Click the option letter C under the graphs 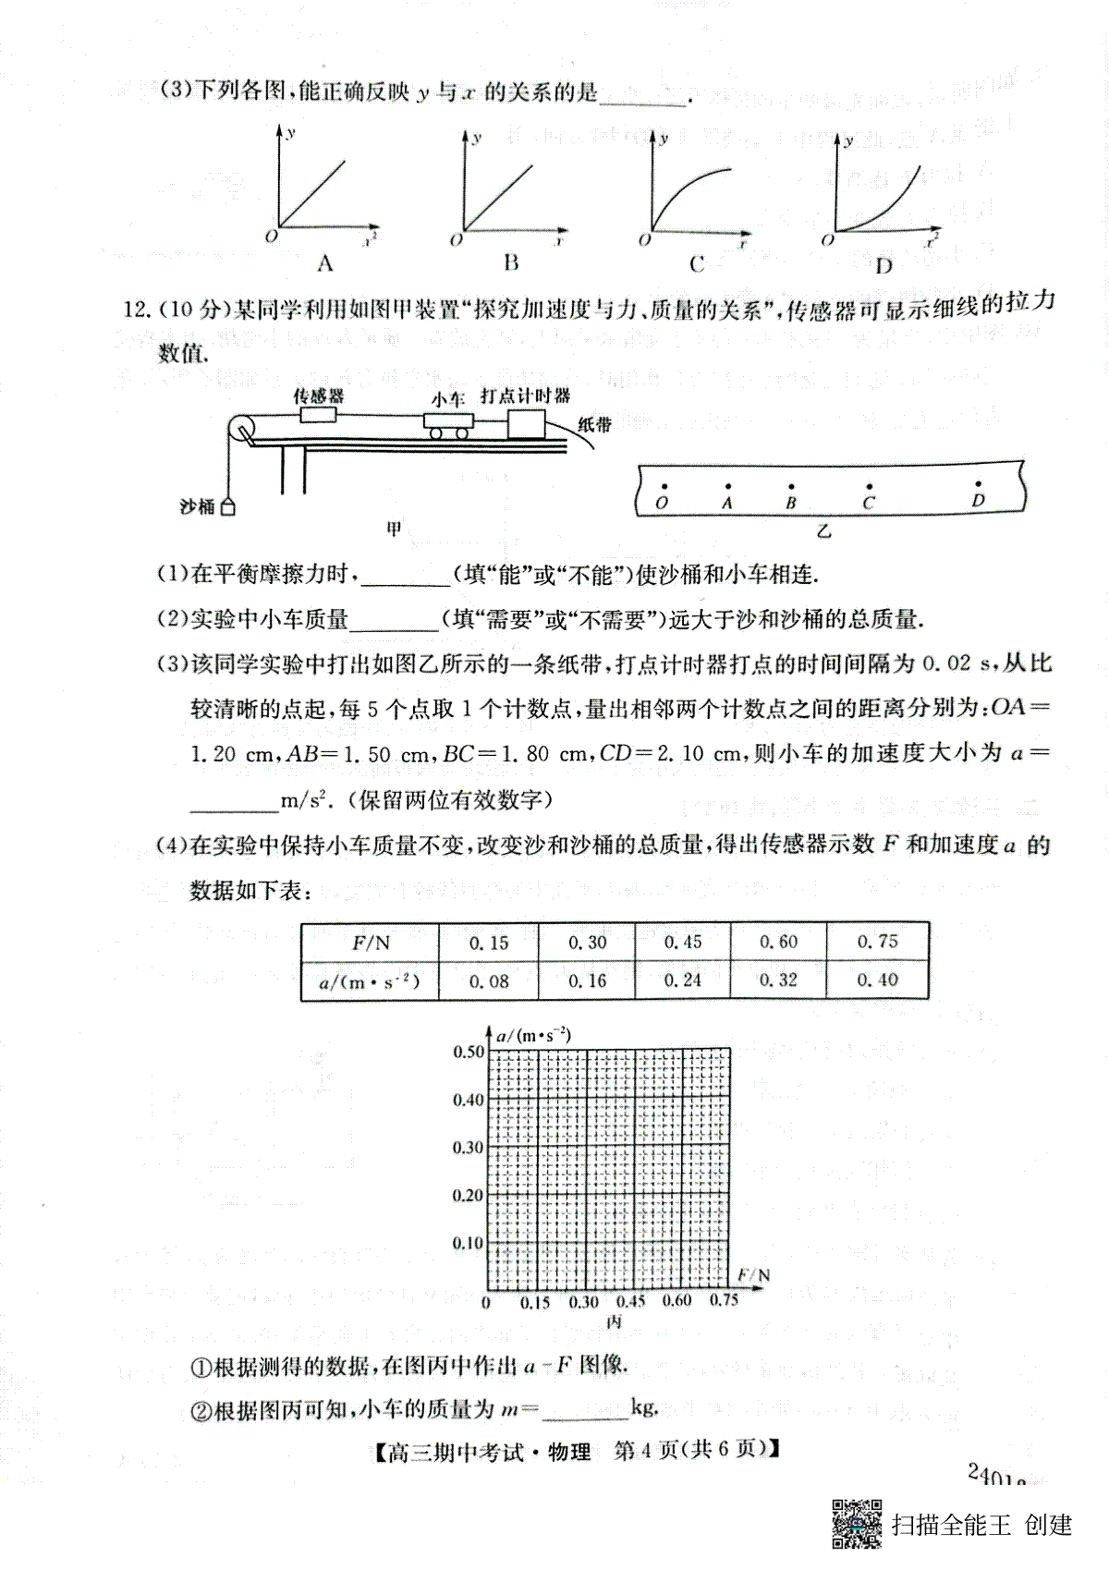coord(697,264)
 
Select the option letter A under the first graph coord(324,264)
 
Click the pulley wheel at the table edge coord(242,430)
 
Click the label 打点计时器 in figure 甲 coord(525,396)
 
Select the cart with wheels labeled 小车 coord(449,423)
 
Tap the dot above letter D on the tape coord(979,483)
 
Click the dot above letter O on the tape coord(662,484)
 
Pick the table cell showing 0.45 coord(682,942)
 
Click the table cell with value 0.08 coord(489,981)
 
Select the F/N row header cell coord(371,943)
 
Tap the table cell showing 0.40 coord(877,980)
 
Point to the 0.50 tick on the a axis coord(468,1052)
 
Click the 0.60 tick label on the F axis coord(676,1301)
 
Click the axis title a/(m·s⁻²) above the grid coord(533,1035)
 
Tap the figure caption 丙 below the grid coord(614,1322)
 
